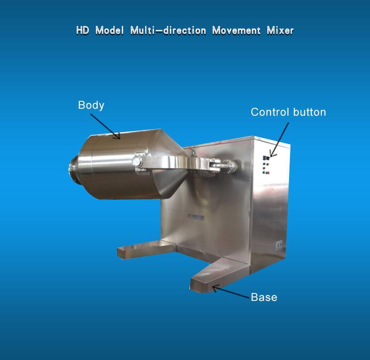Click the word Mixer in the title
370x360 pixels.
click(x=280, y=30)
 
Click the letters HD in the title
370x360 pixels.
click(x=82, y=30)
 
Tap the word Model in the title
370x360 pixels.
click(x=109, y=30)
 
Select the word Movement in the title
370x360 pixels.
click(x=236, y=30)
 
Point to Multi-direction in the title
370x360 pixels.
click(x=168, y=30)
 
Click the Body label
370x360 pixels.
click(x=91, y=105)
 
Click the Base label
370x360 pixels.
click(x=264, y=297)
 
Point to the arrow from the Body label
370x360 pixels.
click(x=105, y=127)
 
